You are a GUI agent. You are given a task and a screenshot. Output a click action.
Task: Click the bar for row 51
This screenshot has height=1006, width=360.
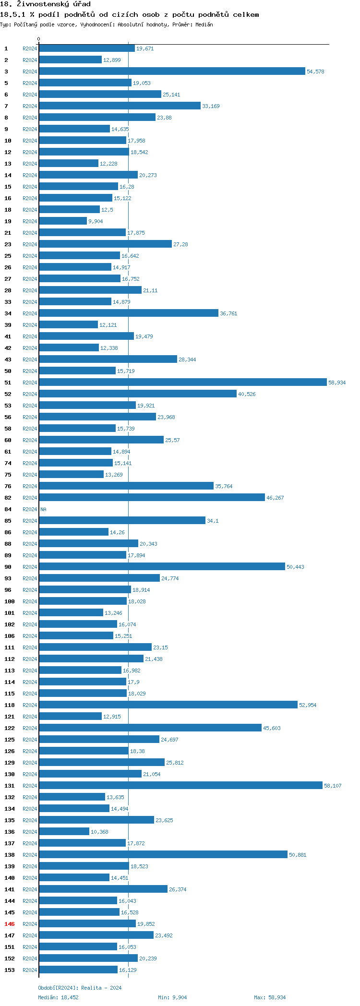[182, 382]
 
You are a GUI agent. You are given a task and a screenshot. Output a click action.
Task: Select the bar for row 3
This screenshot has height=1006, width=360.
[172, 71]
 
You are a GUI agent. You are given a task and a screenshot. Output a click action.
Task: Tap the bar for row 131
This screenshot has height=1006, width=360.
[180, 785]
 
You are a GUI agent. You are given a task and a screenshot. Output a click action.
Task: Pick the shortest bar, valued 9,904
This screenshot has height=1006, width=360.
[63, 221]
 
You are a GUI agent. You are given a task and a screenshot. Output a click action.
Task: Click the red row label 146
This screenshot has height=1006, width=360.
[10, 924]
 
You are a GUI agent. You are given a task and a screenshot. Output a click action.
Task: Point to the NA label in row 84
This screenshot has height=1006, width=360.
[43, 509]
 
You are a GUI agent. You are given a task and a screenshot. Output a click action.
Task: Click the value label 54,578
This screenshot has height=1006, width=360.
[315, 72]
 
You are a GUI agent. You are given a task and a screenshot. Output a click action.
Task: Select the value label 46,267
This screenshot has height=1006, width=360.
[275, 498]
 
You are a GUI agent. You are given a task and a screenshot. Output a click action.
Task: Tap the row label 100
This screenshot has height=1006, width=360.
[10, 601]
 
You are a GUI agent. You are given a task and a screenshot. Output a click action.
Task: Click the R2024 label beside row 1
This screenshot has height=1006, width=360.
[30, 48]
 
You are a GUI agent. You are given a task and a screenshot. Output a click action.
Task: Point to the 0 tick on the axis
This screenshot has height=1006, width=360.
[39, 39]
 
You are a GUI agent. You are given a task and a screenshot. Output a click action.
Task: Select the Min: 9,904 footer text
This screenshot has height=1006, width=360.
[172, 997]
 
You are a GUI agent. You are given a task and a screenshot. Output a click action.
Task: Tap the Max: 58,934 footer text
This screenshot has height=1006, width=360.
[270, 997]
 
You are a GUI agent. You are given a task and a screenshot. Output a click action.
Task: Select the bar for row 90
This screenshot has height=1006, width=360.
[162, 566]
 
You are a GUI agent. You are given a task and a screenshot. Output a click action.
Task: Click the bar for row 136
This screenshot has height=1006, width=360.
[64, 831]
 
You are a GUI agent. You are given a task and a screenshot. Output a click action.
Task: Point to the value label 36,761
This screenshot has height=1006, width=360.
[228, 313]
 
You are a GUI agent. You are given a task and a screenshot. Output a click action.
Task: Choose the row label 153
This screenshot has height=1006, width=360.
[10, 970]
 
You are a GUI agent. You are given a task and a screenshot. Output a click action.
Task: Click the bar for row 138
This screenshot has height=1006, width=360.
[163, 854]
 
